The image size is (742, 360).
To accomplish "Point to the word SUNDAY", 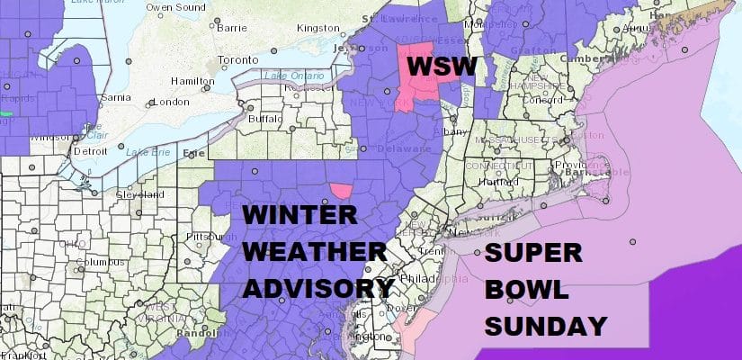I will click(x=544, y=323).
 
